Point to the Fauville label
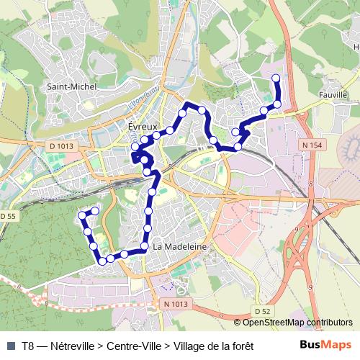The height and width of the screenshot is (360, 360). point(332,94)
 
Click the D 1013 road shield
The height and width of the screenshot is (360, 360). point(62,146)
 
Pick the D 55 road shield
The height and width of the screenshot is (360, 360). point(7,215)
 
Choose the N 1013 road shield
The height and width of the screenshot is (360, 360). point(175,304)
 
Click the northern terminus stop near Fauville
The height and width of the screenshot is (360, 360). point(275,78)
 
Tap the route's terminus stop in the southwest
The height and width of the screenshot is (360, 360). point(95,210)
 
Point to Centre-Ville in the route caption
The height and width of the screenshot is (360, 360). point(137,346)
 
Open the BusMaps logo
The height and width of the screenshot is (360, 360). point(325,345)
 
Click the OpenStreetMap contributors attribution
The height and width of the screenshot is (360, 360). point(297,322)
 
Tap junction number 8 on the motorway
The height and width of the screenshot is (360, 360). point(310,184)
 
